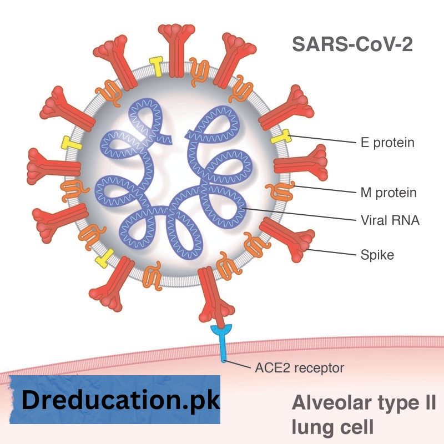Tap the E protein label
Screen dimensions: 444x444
pyautogui.click(x=387, y=143)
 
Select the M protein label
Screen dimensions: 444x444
pyautogui.click(x=389, y=193)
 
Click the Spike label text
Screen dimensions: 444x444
pyautogui.click(x=377, y=255)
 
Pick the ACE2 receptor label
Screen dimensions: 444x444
pyautogui.click(x=299, y=367)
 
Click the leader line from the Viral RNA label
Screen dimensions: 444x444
pyautogui.click(x=300, y=215)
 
